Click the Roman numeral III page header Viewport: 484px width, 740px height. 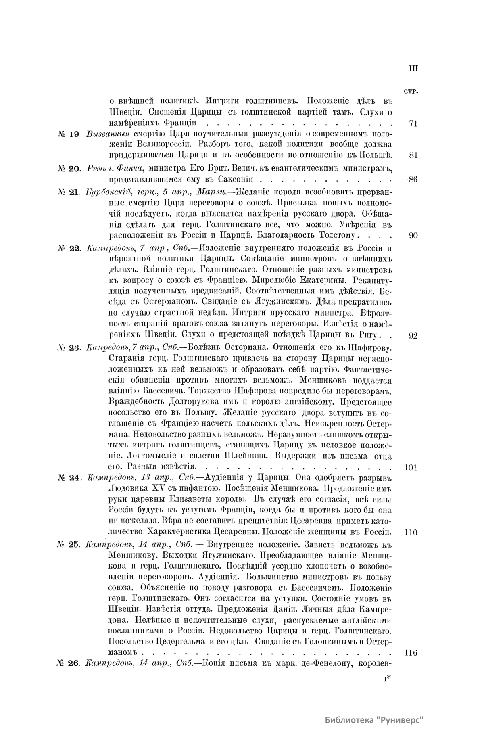tap(413, 69)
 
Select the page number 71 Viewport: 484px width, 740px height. tap(413, 124)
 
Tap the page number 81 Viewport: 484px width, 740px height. tap(413, 156)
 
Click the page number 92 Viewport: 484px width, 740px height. tap(413, 336)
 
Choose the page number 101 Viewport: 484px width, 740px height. tap(410, 468)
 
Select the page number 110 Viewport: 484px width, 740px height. tap(410, 532)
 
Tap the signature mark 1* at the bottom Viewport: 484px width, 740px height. tap(386, 679)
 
